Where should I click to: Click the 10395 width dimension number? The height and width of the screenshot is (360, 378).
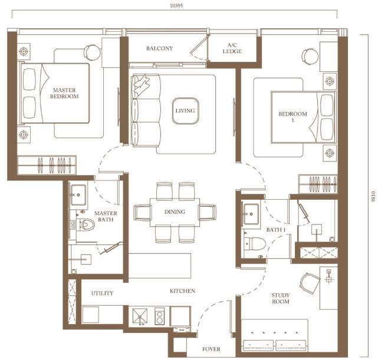point(176,6)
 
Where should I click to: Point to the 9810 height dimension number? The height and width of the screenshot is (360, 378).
point(373,196)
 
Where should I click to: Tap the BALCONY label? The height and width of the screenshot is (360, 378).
point(160,48)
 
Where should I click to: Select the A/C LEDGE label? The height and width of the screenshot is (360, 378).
point(232,48)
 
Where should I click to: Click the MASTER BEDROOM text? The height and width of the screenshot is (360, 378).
point(64,93)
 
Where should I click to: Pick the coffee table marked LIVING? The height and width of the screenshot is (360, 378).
point(185,111)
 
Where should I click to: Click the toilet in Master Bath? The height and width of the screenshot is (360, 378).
point(86,224)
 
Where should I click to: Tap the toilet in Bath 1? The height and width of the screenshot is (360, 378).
point(255,244)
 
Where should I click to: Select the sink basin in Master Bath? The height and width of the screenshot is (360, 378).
point(78,194)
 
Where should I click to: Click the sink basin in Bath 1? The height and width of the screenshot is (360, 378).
point(251,214)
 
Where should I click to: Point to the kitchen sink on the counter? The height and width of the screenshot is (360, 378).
point(140,316)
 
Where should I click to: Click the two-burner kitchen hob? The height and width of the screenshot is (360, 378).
point(160,316)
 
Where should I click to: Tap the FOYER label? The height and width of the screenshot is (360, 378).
point(212,349)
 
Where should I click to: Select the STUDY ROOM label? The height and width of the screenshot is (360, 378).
point(281,298)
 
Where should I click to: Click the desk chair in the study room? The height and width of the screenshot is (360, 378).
point(310,283)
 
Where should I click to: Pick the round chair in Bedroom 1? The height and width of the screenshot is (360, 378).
point(310,57)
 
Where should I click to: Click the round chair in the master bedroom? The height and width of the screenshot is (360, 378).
point(93,52)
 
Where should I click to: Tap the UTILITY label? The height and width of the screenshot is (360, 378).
point(102,293)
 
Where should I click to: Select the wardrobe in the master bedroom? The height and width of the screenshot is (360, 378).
point(47,165)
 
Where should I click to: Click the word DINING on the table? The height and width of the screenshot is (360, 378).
point(175,212)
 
